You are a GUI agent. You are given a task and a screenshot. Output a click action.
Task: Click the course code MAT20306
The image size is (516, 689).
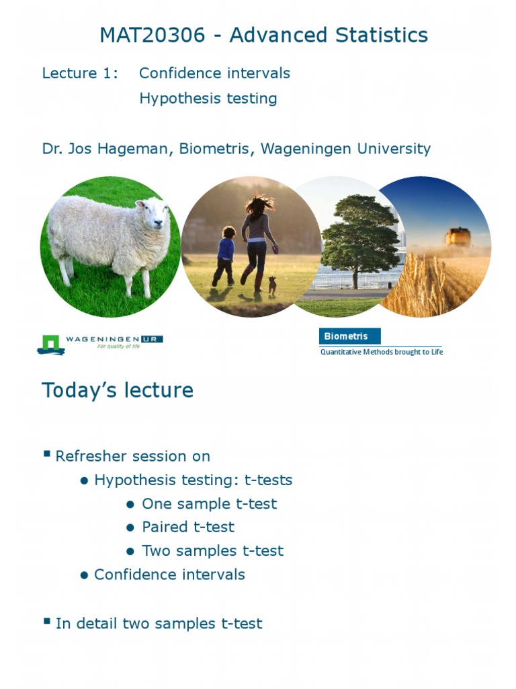tap(152, 35)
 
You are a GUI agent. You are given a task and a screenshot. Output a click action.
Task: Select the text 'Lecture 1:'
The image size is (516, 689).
tap(80, 73)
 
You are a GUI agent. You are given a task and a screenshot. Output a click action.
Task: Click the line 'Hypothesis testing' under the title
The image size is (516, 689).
tap(208, 98)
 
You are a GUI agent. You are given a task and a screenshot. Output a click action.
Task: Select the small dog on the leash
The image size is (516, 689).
tap(271, 285)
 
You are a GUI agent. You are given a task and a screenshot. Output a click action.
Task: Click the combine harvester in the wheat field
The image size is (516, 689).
tap(458, 237)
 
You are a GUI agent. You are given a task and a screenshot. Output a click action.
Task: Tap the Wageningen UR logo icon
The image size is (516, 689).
tap(50, 344)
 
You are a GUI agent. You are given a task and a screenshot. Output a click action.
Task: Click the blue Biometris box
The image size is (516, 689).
tap(349, 336)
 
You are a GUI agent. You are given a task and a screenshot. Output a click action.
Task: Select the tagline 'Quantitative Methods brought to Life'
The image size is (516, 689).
tap(381, 352)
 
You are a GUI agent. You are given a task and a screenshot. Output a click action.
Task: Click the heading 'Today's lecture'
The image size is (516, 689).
tap(118, 390)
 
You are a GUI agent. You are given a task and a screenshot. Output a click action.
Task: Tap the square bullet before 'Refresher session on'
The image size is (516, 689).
tap(47, 454)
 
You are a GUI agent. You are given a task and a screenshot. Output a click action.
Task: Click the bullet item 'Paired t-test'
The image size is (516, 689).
tap(188, 527)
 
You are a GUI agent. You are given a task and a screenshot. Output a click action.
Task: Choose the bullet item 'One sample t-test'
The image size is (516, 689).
tap(209, 504)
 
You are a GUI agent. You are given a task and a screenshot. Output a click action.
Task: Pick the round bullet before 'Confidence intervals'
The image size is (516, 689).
tap(85, 575)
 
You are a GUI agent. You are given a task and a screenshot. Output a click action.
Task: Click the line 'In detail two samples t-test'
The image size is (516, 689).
tap(159, 624)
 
